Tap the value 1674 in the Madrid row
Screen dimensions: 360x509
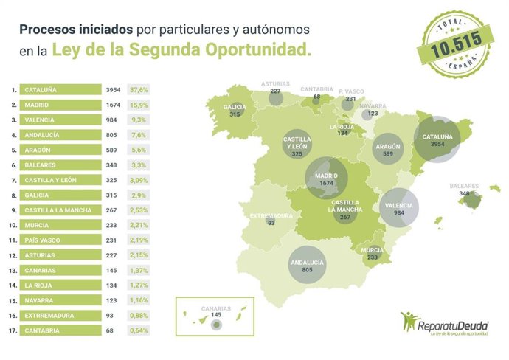click(114, 105)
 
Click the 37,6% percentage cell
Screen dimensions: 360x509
click(139, 89)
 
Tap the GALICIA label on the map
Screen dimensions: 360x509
click(235, 107)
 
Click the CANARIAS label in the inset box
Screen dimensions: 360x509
click(216, 308)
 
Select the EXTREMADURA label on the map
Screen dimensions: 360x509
click(271, 215)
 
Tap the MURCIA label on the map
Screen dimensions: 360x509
click(372, 250)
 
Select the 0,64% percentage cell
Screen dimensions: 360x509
click(139, 330)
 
